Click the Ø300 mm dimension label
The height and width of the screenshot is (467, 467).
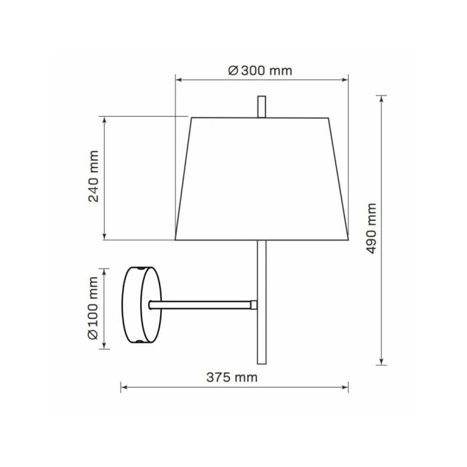coord(260,71)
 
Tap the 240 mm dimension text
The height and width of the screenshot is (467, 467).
coord(93,176)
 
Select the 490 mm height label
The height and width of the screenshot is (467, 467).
coord(371,228)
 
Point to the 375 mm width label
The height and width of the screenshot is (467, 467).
coord(231,378)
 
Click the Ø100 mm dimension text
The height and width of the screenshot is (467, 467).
coord(93,308)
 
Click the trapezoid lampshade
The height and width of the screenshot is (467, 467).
coord(262,179)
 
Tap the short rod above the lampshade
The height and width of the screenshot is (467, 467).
coord(262,107)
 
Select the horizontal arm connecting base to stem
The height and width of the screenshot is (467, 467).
coord(200,305)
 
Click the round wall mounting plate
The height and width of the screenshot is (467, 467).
coord(141,305)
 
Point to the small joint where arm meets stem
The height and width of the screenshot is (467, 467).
coord(254,305)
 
